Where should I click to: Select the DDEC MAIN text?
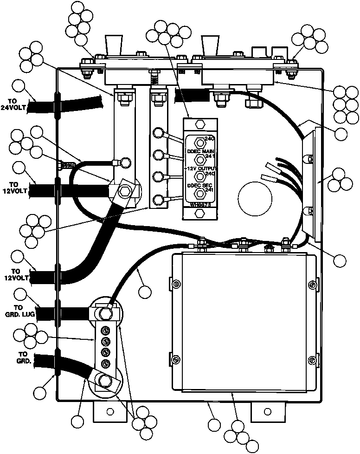click(199, 151)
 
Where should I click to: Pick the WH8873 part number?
click(199, 204)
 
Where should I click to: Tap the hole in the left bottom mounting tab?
click(110, 411)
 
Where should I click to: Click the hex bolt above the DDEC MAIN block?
click(199, 124)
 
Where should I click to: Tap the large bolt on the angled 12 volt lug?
click(124, 191)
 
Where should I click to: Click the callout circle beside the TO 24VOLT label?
click(18, 86)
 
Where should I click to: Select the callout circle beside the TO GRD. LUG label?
click(21, 294)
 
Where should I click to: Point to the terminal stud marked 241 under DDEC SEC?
click(199, 193)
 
